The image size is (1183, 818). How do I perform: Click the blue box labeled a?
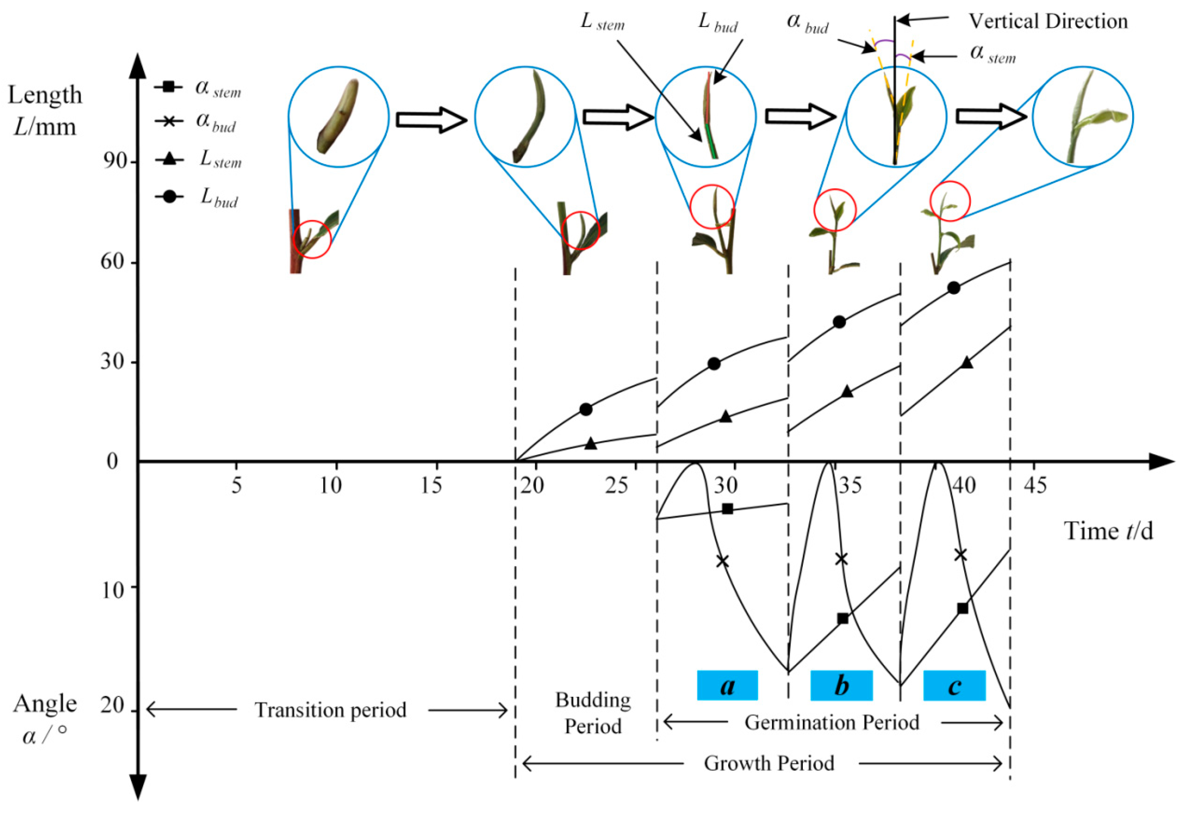click(x=727, y=685)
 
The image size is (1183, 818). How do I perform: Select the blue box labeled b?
click(x=841, y=685)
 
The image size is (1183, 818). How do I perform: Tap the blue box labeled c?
click(x=954, y=685)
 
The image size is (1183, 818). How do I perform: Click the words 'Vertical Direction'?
click(x=1048, y=21)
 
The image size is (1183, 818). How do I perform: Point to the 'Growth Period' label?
click(x=769, y=763)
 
